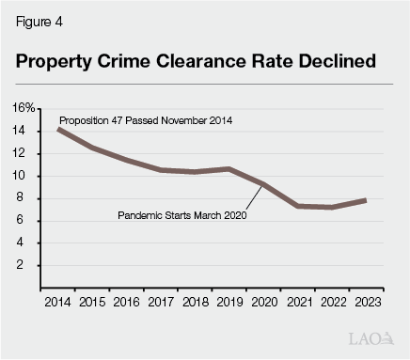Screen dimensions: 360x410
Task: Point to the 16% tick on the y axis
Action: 24,109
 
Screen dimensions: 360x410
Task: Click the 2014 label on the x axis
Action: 58,303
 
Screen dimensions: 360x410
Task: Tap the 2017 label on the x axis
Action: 162,303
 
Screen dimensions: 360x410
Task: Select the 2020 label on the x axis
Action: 265,303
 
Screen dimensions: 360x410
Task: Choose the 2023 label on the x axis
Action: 368,303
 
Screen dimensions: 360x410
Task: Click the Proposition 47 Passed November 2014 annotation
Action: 146,121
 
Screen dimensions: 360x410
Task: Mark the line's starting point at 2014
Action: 59,129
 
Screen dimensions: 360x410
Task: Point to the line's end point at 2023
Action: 366,199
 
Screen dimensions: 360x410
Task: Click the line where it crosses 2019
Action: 230,169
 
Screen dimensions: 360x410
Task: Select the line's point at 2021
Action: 299,205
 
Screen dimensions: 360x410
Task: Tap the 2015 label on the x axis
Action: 93,303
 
